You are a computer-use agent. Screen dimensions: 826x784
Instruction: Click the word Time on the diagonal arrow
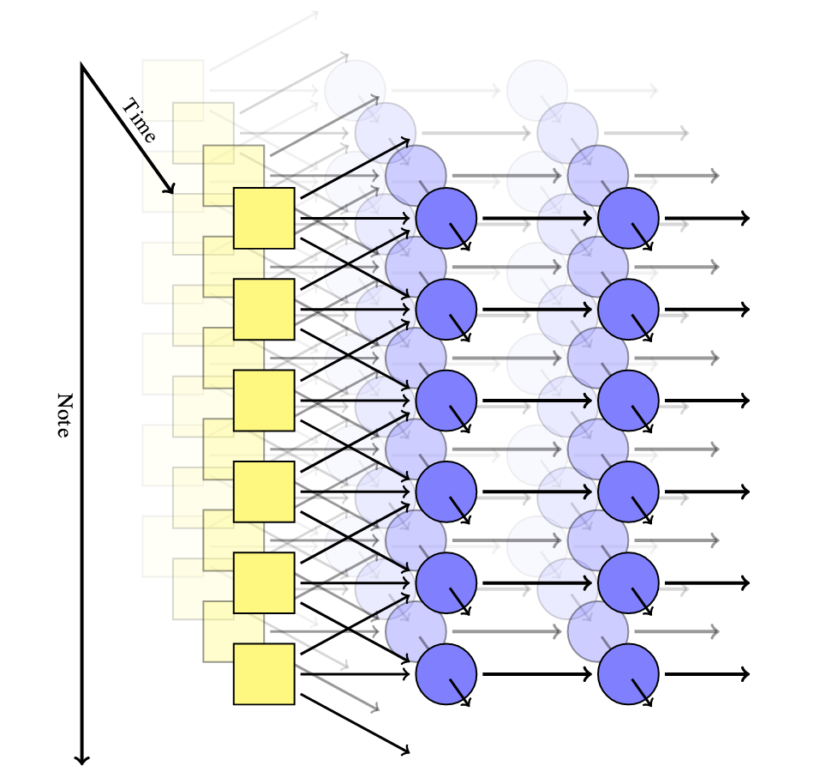[x=139, y=120]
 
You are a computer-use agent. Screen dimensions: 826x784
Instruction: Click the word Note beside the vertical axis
[x=63, y=415]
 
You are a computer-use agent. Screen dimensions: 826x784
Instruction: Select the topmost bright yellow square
[x=264, y=218]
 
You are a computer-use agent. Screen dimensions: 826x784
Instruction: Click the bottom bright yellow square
[x=264, y=674]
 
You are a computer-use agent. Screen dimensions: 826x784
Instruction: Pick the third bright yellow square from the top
[x=264, y=401]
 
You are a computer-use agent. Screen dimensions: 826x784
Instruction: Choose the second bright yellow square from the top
[x=264, y=310]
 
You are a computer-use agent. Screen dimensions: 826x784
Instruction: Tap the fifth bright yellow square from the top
[x=264, y=583]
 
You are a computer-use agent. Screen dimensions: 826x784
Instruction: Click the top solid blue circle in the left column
[x=446, y=218]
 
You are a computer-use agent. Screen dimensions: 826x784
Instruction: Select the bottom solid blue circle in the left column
[x=446, y=674]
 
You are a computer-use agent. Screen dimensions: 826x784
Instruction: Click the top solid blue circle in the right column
[x=628, y=218]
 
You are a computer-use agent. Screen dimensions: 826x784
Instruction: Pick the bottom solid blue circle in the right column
[x=628, y=674]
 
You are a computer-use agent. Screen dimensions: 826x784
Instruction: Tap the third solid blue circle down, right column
[x=628, y=401]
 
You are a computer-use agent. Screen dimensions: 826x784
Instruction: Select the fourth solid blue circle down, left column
[x=446, y=492]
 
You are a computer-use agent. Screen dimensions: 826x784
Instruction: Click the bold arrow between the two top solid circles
[x=537, y=218]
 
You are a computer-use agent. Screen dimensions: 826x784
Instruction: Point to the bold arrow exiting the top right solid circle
[x=707, y=218]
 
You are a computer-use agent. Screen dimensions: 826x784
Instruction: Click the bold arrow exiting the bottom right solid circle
[x=707, y=674]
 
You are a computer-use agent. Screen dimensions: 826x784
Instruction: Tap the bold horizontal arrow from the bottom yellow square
[x=355, y=674]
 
